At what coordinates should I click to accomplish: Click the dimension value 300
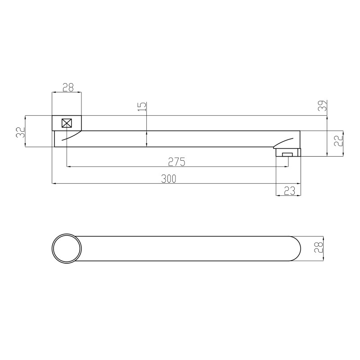168,179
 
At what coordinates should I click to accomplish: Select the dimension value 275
176,162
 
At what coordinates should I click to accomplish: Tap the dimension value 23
289,191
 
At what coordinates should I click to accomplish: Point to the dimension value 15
142,107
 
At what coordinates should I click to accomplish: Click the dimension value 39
323,106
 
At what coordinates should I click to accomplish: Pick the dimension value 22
338,140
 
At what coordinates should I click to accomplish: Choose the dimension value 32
20,132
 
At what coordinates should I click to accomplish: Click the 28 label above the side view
68,87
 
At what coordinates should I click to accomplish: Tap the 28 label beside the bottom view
319,247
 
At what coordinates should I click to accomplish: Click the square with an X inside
67,123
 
